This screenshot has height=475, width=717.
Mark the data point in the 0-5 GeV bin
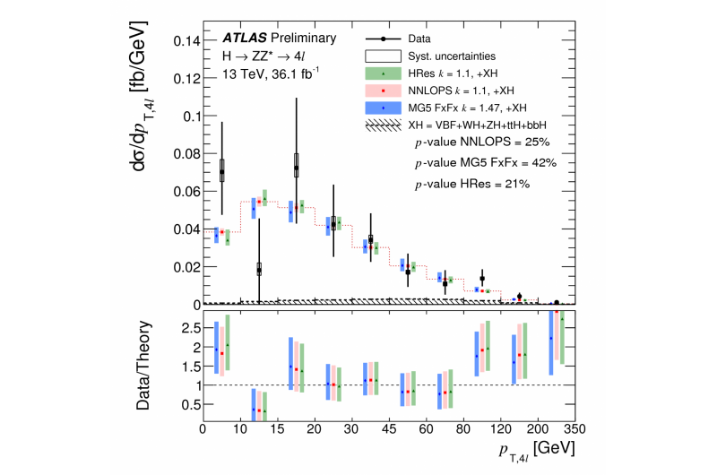pyautogui.click(x=222, y=170)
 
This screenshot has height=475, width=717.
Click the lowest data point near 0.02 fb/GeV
pyautogui.click(x=259, y=269)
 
